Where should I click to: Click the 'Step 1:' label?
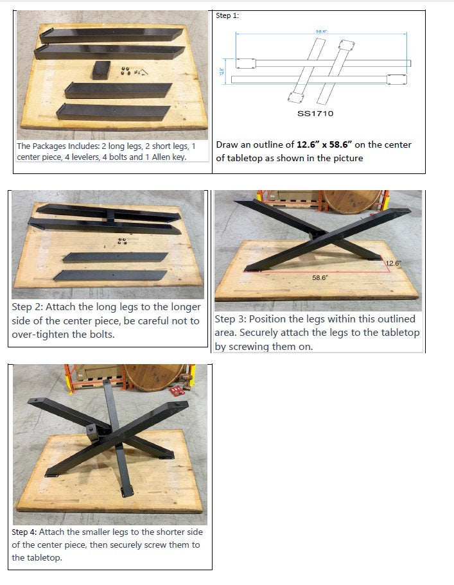(x=227, y=15)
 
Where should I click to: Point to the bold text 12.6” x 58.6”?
(x=324, y=145)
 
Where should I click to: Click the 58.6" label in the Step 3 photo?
(x=320, y=277)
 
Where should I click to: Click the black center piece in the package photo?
(x=102, y=69)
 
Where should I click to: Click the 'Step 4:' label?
(x=27, y=532)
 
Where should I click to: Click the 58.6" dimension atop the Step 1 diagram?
(x=321, y=30)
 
